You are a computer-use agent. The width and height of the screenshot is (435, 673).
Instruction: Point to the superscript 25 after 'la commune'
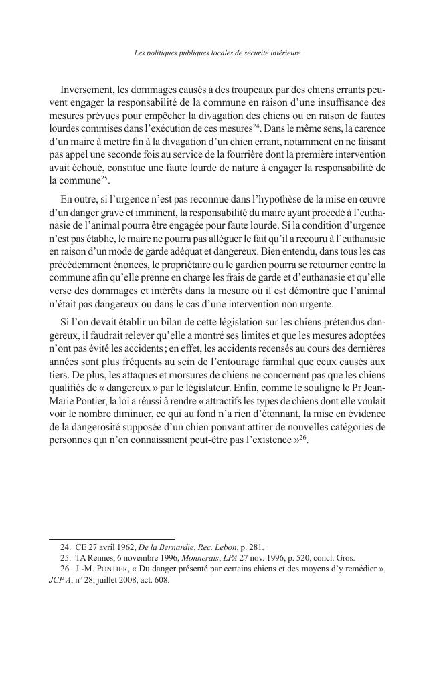[x=104, y=178]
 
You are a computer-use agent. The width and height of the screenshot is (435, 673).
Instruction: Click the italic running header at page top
[x=217, y=53]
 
